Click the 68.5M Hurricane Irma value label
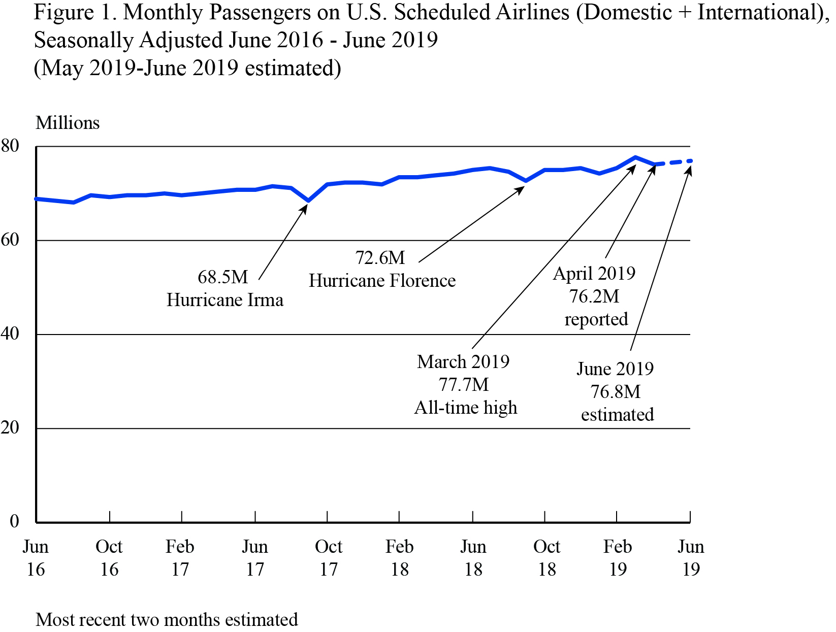tap(222, 277)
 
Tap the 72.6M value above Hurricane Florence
tap(380, 258)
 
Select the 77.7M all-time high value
tap(463, 385)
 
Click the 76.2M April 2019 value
tap(594, 296)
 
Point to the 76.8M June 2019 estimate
tap(615, 392)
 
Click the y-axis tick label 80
tap(10, 146)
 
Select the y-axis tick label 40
tap(10, 334)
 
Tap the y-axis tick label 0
tap(14, 521)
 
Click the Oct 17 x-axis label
tap(329, 558)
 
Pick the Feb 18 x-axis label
tap(400, 558)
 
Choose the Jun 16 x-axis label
tap(36, 558)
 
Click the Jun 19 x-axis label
tap(691, 558)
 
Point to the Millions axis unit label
tap(68, 123)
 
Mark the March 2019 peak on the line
tap(635, 157)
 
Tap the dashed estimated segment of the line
tap(673, 162)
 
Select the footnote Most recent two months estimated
tap(167, 620)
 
